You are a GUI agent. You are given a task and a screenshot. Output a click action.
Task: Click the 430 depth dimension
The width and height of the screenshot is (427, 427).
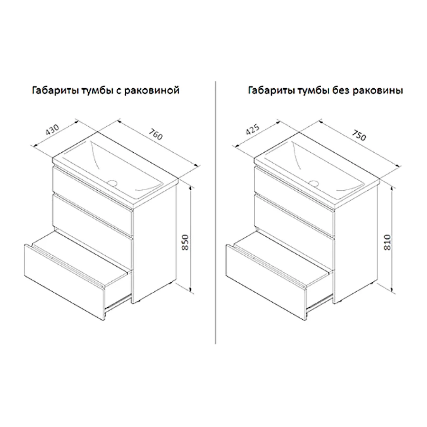pos(52,130)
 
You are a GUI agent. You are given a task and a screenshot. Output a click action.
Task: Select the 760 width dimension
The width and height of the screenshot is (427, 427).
pos(156,133)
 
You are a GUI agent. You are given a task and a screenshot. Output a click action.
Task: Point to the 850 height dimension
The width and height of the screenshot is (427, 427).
pos(185,242)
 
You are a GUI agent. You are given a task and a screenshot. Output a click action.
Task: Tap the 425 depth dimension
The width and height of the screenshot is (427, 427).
pos(253,130)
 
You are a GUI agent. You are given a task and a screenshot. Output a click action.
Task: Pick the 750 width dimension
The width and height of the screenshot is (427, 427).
pos(359,135)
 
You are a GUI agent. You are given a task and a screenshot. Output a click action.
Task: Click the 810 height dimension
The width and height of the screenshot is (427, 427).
pos(387,242)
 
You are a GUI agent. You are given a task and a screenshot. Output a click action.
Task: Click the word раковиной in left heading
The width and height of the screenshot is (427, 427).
pos(152,91)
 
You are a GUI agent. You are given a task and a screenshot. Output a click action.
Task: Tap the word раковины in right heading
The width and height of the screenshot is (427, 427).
pos(378,91)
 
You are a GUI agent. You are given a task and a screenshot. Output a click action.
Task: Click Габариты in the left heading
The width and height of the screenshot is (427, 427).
pos(56,90)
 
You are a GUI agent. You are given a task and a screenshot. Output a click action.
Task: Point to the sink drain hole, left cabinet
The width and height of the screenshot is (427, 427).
pos(112,182)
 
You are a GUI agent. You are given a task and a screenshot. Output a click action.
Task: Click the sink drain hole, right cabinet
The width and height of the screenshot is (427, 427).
pos(314,183)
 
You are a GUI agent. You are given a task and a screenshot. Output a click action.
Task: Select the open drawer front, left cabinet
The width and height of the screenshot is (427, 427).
pos(64,282)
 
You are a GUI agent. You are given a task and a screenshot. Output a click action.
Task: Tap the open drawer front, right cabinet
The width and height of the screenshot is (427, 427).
pos(266,282)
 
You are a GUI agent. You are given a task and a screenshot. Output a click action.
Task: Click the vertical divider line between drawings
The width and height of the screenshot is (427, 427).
pos(216,213)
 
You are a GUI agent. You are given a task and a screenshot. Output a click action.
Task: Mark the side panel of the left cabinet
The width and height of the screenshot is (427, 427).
pos(154,242)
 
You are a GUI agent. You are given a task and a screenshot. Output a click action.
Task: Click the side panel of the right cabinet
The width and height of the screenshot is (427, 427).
pos(356,242)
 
